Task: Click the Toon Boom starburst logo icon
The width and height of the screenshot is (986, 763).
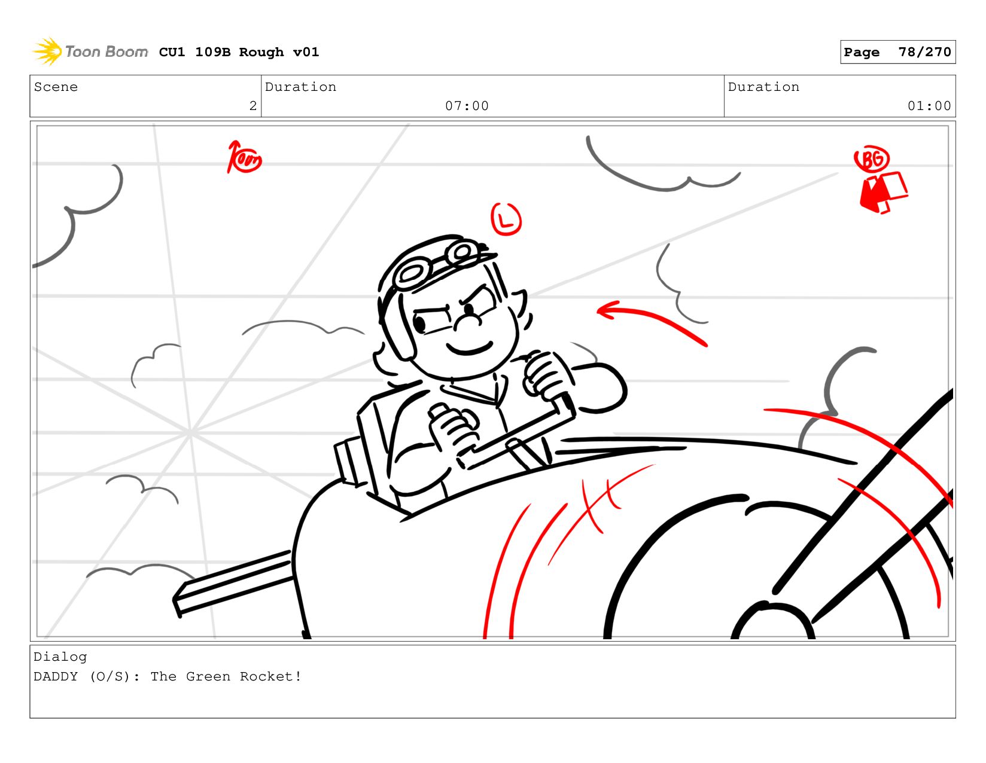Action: (47, 51)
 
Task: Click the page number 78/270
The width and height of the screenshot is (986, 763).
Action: (924, 52)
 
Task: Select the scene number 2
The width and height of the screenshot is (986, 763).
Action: (252, 106)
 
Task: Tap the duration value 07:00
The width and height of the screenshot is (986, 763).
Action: (467, 106)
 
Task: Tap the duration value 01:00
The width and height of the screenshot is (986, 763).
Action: (929, 106)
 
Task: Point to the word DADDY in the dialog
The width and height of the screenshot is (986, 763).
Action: (56, 676)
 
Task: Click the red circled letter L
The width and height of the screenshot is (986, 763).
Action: (506, 219)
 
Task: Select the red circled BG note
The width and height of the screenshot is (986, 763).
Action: (871, 158)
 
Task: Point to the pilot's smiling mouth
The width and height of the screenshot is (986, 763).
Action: (470, 348)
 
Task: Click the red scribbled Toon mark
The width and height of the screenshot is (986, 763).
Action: (244, 157)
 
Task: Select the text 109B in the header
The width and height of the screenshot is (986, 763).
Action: (213, 52)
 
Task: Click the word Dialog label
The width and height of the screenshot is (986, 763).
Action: (60, 657)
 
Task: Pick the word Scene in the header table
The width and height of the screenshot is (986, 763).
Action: (56, 87)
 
